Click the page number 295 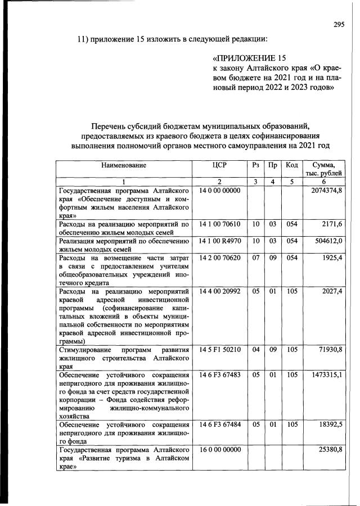(338, 24)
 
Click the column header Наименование (124, 165)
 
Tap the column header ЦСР (219, 165)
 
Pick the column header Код (291, 165)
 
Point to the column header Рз (256, 165)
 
